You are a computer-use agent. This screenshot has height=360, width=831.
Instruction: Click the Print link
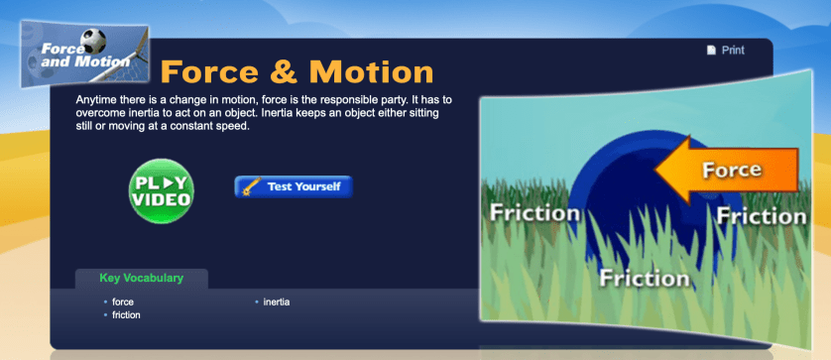733,50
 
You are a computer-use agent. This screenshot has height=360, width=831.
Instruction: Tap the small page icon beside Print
711,50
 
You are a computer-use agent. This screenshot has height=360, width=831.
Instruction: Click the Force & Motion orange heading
297,71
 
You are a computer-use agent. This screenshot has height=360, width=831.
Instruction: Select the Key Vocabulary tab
141,279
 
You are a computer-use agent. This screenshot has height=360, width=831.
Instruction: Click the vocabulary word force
123,301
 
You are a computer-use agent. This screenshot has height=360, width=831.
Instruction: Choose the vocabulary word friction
126,314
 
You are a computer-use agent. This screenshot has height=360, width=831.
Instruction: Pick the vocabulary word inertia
277,301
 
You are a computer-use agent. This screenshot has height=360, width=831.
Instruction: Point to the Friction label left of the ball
534,212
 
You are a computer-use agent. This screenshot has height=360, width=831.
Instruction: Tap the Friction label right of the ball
762,215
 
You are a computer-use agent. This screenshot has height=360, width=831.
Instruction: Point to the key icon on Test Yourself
251,186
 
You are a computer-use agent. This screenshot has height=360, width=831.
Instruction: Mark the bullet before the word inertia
256,301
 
